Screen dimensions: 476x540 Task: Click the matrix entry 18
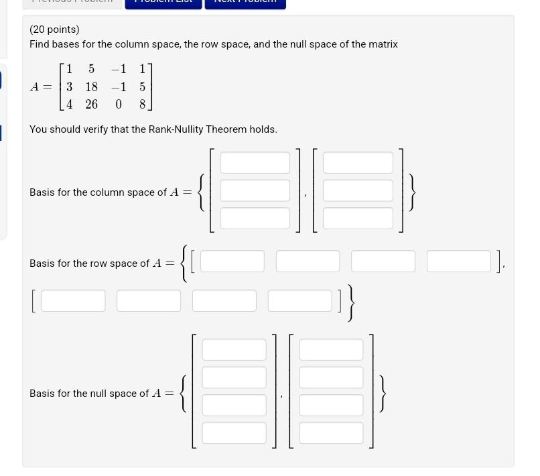coord(91,86)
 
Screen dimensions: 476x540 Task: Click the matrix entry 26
coord(91,104)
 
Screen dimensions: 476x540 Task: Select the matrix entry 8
coord(142,104)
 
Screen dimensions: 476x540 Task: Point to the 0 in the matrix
coord(119,104)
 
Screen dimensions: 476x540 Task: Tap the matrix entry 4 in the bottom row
coord(69,104)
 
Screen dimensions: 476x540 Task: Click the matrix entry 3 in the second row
coord(69,86)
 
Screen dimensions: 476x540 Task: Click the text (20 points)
coord(54,29)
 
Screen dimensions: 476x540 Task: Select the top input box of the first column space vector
coord(255,163)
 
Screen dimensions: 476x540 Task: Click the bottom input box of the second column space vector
coord(358,218)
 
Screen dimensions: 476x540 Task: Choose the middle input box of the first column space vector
coord(255,190)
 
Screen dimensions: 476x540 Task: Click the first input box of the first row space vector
coord(232,261)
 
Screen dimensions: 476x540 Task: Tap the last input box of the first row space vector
coord(459,261)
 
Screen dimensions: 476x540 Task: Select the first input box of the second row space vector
coord(74,301)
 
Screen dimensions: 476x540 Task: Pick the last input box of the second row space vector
coord(300,301)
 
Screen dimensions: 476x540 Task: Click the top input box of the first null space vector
coord(234,350)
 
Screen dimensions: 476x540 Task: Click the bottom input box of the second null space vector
coord(331,433)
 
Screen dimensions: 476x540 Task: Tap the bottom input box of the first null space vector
coord(234,433)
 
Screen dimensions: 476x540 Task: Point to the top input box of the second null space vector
coord(331,350)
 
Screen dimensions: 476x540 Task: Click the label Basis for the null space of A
coord(100,394)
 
